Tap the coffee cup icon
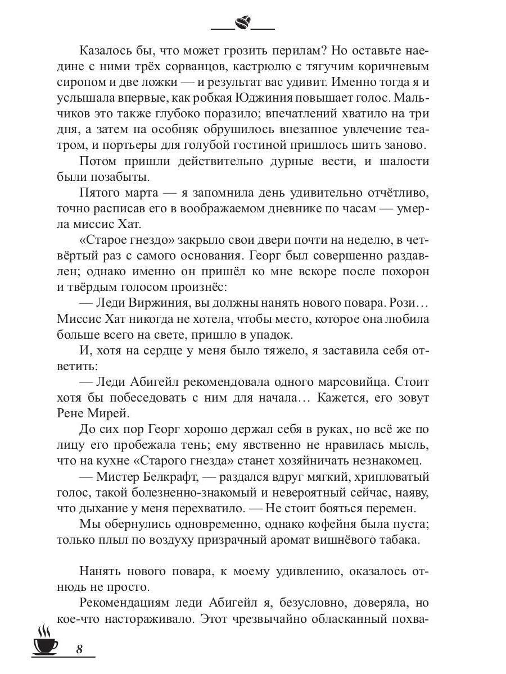point(46,640)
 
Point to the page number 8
point(79,649)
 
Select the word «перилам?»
point(297,50)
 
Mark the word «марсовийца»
point(333,382)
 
